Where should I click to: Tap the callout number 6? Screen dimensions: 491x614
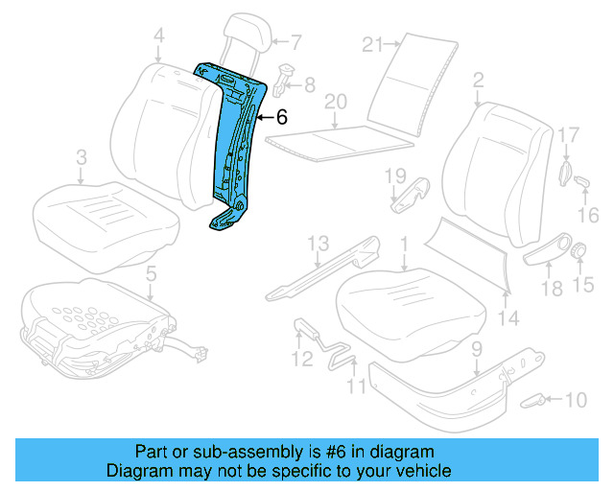point(281,118)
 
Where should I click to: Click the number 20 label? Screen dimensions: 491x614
point(334,101)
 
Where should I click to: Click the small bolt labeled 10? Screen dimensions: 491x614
point(535,399)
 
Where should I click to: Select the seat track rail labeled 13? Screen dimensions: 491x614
point(321,272)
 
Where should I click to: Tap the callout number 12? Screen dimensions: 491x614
point(302,360)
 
